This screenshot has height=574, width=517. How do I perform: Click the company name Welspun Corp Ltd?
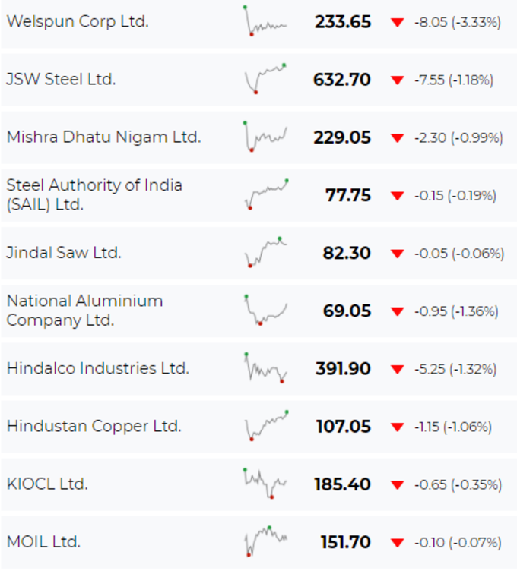click(78, 21)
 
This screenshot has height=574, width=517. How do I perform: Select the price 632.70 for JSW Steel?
click(341, 80)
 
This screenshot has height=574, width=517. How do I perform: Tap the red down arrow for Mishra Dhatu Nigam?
click(397, 138)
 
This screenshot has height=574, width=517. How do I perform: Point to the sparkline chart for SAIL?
click(267, 194)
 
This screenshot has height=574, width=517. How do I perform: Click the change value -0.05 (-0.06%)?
click(459, 254)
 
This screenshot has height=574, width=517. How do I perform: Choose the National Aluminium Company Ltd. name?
click(84, 311)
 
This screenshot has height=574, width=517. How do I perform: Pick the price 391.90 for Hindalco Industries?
click(343, 369)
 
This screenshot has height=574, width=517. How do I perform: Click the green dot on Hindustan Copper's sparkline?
click(287, 412)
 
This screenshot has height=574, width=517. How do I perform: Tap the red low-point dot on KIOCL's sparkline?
click(271, 497)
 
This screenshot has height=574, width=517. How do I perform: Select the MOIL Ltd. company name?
click(43, 542)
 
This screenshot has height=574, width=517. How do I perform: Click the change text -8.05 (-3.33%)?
click(458, 22)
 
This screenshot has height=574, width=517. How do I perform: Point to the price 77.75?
click(348, 195)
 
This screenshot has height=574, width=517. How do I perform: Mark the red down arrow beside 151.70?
click(397, 542)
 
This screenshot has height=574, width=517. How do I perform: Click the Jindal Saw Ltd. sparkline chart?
click(266, 252)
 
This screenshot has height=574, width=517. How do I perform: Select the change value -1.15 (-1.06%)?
click(453, 427)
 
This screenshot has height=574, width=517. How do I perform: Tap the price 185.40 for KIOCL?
click(342, 484)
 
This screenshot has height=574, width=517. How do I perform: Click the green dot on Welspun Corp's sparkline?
click(245, 7)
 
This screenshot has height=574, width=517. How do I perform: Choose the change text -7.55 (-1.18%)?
click(454, 80)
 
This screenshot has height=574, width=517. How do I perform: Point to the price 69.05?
click(347, 311)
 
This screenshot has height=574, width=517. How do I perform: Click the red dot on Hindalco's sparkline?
click(282, 381)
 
